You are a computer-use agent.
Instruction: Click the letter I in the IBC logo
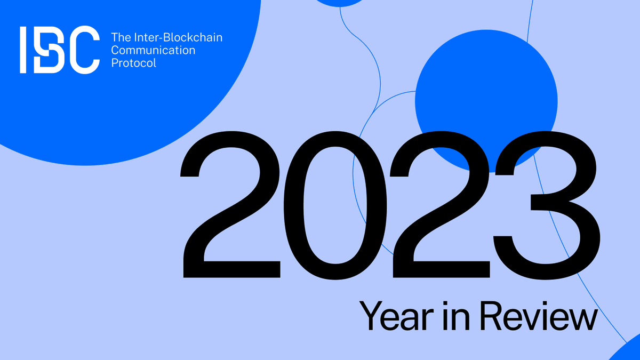click(x=23, y=50)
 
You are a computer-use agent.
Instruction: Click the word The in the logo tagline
click(x=119, y=38)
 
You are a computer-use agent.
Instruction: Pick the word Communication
click(x=153, y=51)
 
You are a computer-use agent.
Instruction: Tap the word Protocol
click(x=134, y=63)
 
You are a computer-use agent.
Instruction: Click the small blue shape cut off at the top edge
click(x=340, y=3)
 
